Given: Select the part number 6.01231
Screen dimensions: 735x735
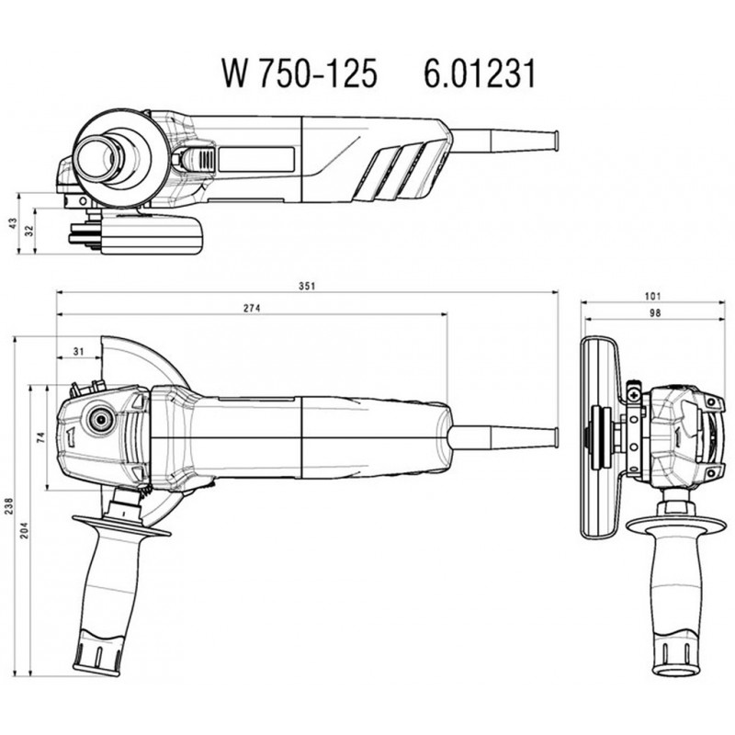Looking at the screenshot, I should tap(478, 73).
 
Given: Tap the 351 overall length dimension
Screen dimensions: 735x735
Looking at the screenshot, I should tap(307, 286).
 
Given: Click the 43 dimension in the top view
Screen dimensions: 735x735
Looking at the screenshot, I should tap(10, 223).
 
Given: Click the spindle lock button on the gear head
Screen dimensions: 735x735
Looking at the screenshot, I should tap(96, 419).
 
